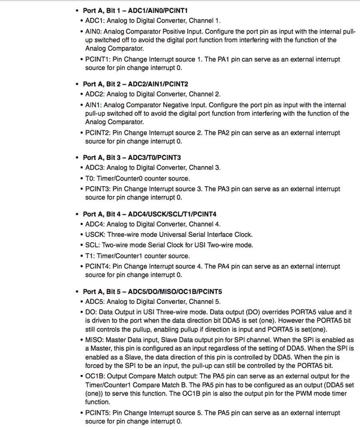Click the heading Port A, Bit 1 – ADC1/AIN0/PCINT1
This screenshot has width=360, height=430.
pyautogui.click(x=135, y=10)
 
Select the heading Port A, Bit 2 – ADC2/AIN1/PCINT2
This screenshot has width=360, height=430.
pyautogui.click(x=135, y=84)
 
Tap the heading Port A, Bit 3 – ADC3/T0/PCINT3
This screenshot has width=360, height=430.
pyautogui.click(x=132, y=158)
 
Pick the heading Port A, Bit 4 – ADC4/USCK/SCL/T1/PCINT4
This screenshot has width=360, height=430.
pyautogui.click(x=150, y=214)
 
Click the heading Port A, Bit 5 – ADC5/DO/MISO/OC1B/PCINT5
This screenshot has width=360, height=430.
pyautogui.click(x=155, y=291)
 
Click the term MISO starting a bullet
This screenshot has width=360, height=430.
pyautogui.click(x=94, y=340)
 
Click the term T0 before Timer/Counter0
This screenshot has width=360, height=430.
pyautogui.click(x=90, y=179)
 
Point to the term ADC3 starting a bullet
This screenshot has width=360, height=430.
pyautogui.click(x=94, y=168)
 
